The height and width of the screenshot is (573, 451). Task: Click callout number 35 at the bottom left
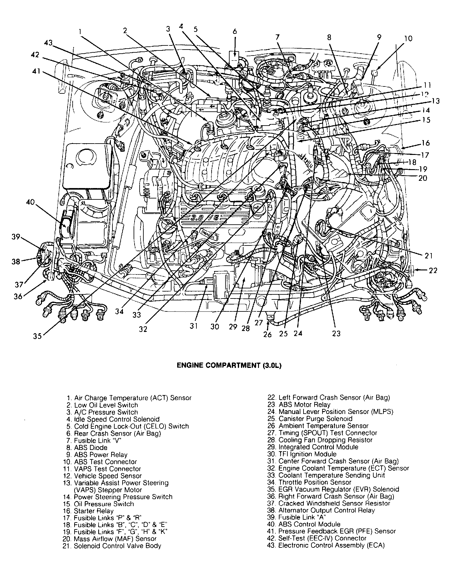pyautogui.click(x=37, y=336)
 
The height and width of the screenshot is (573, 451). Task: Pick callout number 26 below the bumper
pyautogui.click(x=268, y=334)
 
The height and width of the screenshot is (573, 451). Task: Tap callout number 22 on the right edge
pyautogui.click(x=433, y=270)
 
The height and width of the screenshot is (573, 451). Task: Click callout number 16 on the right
pyautogui.click(x=426, y=143)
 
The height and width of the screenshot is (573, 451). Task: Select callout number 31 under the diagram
pyautogui.click(x=194, y=326)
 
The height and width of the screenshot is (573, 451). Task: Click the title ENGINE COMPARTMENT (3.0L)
pyautogui.click(x=229, y=365)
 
